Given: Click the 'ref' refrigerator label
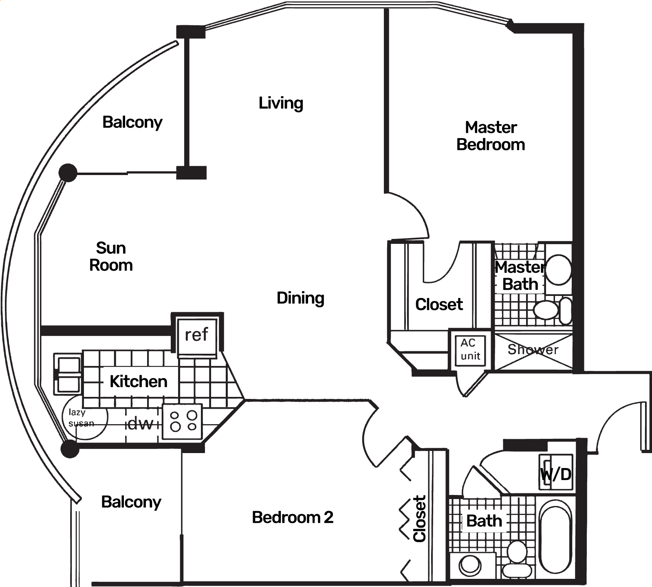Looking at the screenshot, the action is pyautogui.click(x=196, y=335).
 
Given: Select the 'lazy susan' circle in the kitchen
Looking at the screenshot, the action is pyautogui.click(x=85, y=418).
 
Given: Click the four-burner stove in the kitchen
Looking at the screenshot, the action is pyautogui.click(x=182, y=421).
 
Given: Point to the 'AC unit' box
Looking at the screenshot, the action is pyautogui.click(x=470, y=349).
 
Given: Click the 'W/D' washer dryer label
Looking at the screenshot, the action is pyautogui.click(x=556, y=474).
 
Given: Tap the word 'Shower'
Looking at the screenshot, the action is pyautogui.click(x=533, y=349).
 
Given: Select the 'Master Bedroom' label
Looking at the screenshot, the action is pyautogui.click(x=491, y=136).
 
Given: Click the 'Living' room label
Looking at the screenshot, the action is pyautogui.click(x=281, y=103).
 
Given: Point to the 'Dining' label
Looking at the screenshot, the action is pyautogui.click(x=300, y=298).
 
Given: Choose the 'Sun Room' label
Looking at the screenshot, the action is pyautogui.click(x=111, y=256).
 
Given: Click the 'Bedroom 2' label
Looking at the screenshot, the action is pyautogui.click(x=293, y=517).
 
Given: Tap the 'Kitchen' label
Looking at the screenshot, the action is pyautogui.click(x=139, y=381).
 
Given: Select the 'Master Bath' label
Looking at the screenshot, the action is pyautogui.click(x=520, y=276).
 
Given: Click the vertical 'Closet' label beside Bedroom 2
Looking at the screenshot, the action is pyautogui.click(x=419, y=519).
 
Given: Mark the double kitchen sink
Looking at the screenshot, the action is pyautogui.click(x=68, y=375).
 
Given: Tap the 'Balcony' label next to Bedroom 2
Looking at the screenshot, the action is pyautogui.click(x=131, y=502).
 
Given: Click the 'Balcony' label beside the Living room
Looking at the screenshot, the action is pyautogui.click(x=132, y=122).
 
